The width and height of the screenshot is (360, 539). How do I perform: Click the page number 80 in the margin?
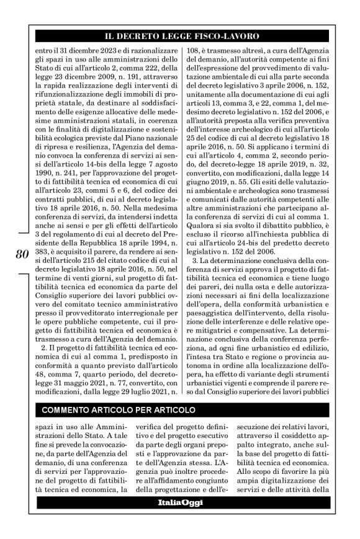point(20,256)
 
